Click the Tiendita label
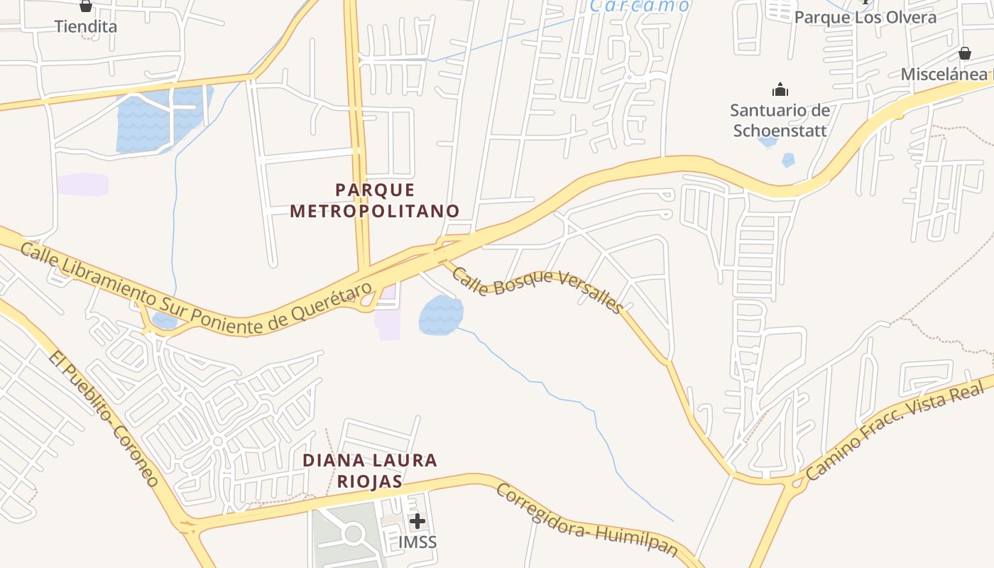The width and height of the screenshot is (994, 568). click(x=86, y=26)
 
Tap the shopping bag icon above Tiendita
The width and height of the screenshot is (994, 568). click(x=86, y=6)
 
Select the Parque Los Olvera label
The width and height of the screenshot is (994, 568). click(x=865, y=17)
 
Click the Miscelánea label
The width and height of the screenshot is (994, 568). click(x=944, y=74)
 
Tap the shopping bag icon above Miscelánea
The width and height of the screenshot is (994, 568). click(x=964, y=53)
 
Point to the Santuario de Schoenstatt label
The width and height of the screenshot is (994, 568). click(x=780, y=120)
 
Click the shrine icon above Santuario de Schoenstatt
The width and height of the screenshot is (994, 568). click(x=780, y=90)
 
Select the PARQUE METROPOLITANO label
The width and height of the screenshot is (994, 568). click(x=375, y=200)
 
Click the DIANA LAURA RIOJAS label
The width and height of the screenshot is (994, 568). click(x=370, y=470)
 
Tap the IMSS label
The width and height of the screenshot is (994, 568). click(x=417, y=542)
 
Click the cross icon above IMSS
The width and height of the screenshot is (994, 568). click(x=417, y=521)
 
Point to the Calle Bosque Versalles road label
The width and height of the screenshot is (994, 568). click(x=537, y=290)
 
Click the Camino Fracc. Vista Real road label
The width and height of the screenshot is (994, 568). click(x=896, y=430)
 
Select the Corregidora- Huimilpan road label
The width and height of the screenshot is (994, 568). click(x=586, y=520)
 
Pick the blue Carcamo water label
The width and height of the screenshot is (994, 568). click(x=639, y=6)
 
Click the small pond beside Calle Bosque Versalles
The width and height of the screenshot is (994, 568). click(x=441, y=315)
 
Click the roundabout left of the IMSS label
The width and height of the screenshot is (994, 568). click(x=353, y=532)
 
